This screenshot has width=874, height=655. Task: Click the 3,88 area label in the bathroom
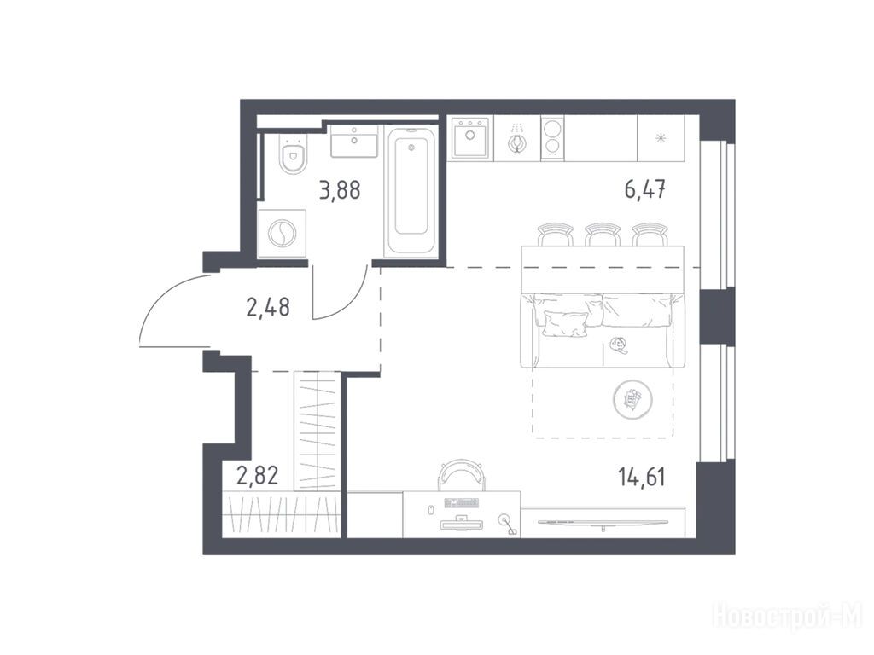point(340,190)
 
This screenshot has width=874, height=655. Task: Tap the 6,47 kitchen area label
point(645,189)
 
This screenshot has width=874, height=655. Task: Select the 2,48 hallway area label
point(267,307)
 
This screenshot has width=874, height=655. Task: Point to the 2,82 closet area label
point(257,476)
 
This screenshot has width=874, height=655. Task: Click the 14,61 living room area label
point(641,477)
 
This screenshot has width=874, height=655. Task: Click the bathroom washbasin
point(354,142)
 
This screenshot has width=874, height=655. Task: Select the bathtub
point(411,192)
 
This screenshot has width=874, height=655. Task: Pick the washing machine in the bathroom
point(282,234)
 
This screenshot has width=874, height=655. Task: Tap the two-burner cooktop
point(552,138)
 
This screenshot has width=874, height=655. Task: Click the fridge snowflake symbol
point(661,138)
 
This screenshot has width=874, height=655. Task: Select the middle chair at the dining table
point(603,234)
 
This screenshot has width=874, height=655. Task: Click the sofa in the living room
point(602,330)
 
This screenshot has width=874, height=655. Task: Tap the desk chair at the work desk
point(462,475)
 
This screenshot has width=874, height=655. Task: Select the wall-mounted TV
point(603,523)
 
